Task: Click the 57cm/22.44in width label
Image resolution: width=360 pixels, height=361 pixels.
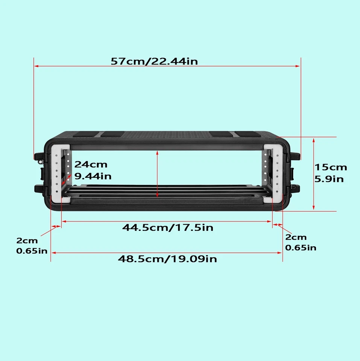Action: [x=154, y=61]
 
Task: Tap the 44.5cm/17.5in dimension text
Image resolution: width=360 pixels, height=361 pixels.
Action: [x=168, y=228]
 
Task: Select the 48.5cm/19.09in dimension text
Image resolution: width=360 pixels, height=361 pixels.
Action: [x=167, y=259]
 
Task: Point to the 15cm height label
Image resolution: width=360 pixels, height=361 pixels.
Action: [x=331, y=167]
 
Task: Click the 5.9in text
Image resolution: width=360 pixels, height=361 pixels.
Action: [x=329, y=179]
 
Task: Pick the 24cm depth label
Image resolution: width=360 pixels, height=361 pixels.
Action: [x=91, y=164]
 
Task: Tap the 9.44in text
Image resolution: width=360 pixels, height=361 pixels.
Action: [x=93, y=176]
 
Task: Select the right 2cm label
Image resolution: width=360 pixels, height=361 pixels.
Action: [x=296, y=237]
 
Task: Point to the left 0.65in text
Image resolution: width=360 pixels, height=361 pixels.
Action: [x=32, y=250]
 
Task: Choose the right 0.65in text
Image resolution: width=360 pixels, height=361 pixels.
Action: [x=301, y=247]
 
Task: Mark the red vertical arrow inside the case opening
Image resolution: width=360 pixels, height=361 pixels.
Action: [x=157, y=174]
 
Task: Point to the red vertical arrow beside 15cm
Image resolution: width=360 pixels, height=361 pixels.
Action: [x=314, y=174]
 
